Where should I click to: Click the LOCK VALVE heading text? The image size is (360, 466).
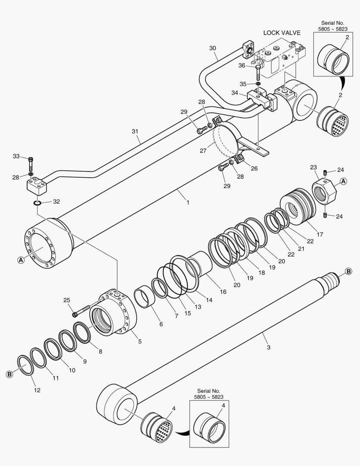click(282, 33)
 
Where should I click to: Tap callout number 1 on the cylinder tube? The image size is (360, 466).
click(188, 202)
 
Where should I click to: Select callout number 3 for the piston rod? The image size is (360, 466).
click(268, 347)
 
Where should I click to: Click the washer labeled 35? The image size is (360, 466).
click(258, 84)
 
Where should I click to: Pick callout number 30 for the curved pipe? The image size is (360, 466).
click(213, 48)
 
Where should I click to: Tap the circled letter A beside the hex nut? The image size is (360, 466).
click(344, 181)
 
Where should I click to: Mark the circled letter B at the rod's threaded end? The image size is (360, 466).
click(348, 271)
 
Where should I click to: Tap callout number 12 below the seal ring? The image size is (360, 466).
click(37, 390)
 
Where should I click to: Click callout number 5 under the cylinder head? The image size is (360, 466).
click(139, 341)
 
